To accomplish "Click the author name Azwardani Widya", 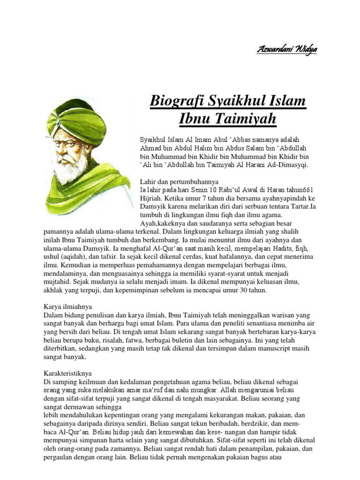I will (x=286, y=50).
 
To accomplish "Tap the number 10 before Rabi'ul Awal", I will (x=205, y=189).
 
